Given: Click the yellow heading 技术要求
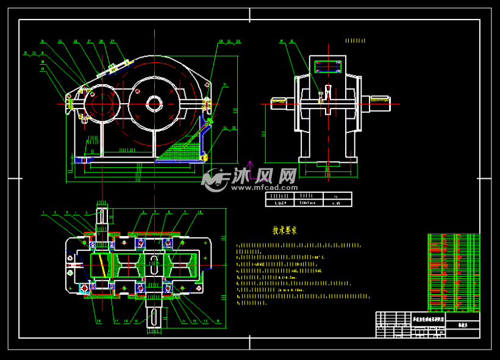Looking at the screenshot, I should pos(284,231).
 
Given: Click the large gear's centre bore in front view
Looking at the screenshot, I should pos(154,104).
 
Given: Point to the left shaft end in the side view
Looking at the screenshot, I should pos(279,103).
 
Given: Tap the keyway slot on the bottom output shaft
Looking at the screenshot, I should pos(154,317).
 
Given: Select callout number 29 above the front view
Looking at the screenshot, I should pos(112,41).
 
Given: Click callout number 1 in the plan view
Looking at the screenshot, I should pos(43,214).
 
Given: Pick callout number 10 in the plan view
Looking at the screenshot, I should pos(199,212).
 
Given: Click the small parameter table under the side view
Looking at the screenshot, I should pos(308,200).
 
